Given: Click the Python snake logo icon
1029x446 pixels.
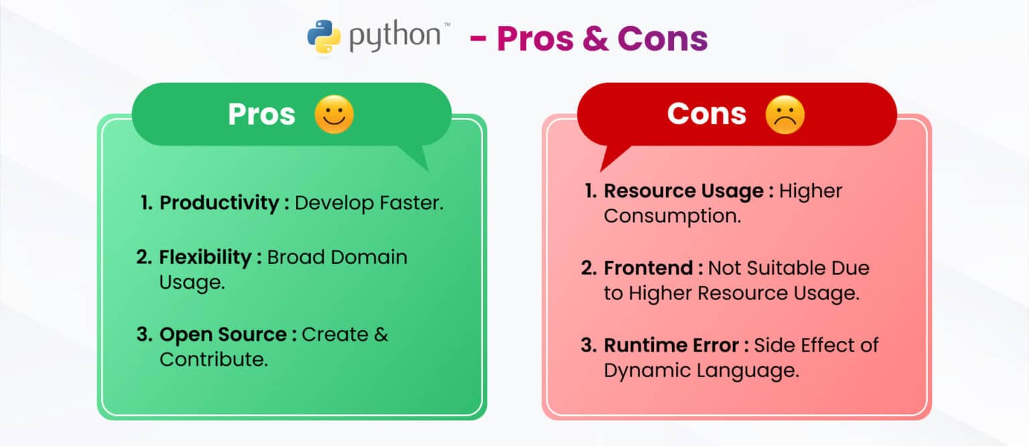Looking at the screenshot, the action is (x=324, y=37).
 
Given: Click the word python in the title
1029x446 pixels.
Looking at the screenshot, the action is (x=395, y=36).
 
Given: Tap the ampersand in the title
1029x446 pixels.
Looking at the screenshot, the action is (x=596, y=38).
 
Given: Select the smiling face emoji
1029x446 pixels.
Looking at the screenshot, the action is (x=334, y=115).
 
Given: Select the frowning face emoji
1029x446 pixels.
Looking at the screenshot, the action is (x=785, y=115).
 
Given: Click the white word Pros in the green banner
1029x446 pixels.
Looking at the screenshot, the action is (x=261, y=114).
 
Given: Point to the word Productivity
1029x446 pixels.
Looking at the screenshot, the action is (x=219, y=203).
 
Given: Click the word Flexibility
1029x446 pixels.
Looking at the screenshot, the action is (x=205, y=257).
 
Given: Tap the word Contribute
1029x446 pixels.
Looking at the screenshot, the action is (x=214, y=359).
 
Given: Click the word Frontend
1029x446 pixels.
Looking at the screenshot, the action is (x=648, y=269).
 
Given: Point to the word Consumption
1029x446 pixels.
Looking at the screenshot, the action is (x=673, y=216).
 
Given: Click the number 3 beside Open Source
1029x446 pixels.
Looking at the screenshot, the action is (x=144, y=334).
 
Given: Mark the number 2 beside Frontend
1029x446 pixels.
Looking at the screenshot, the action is (x=588, y=269).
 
